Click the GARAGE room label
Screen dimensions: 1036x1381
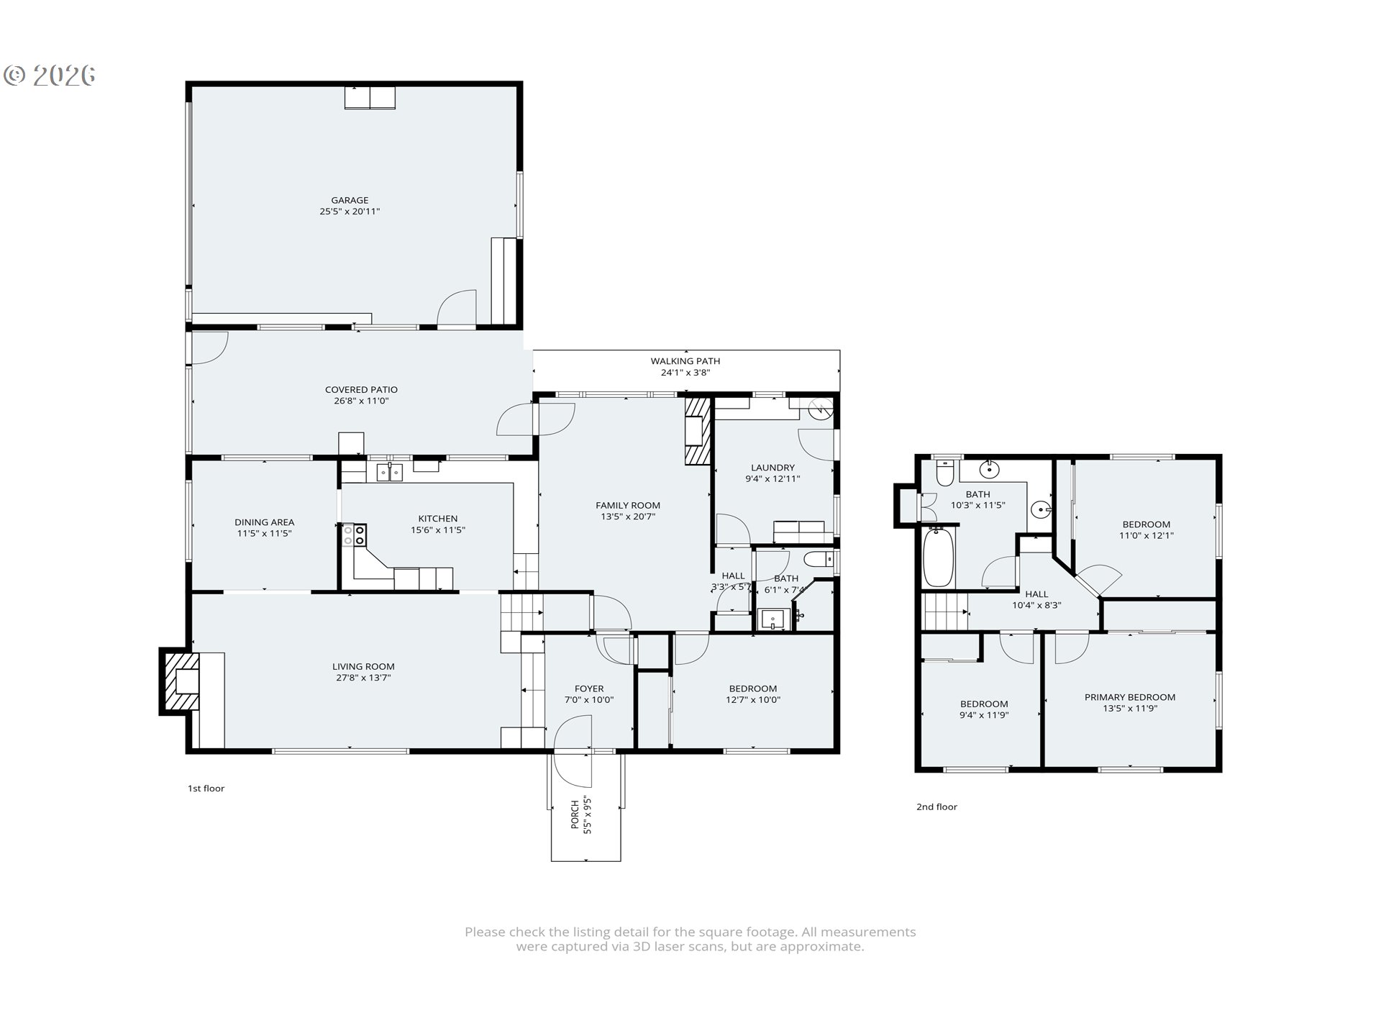pyautogui.click(x=350, y=200)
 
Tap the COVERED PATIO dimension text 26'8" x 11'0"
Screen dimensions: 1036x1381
pyautogui.click(x=361, y=401)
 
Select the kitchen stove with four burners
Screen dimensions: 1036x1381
pyautogui.click(x=355, y=535)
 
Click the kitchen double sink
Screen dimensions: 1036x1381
pyautogui.click(x=389, y=472)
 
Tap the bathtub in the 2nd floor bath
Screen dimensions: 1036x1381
pyautogui.click(x=938, y=557)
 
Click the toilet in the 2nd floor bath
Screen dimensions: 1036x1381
pyautogui.click(x=945, y=473)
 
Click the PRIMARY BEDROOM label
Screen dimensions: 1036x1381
pyautogui.click(x=1129, y=697)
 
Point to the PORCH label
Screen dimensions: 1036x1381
pyautogui.click(x=575, y=815)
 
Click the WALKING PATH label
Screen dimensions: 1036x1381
pyautogui.click(x=685, y=361)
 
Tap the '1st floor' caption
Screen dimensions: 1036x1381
pyautogui.click(x=206, y=789)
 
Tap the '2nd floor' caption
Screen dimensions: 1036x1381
pyautogui.click(x=936, y=807)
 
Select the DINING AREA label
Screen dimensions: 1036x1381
pyautogui.click(x=264, y=522)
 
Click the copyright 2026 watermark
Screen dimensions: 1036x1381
pyautogui.click(x=50, y=76)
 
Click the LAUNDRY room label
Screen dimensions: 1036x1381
pyautogui.click(x=772, y=468)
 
